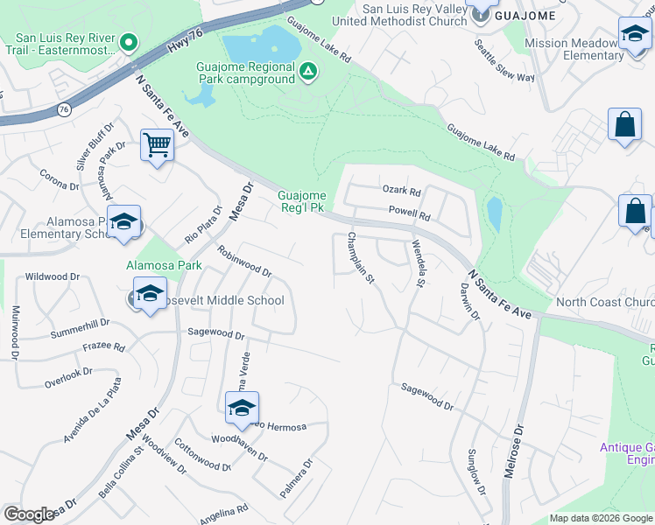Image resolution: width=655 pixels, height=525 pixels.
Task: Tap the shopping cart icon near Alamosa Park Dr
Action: point(157,144)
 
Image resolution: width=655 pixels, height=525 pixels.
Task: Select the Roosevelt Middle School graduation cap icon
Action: point(150,294)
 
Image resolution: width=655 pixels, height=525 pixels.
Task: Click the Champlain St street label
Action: point(361,258)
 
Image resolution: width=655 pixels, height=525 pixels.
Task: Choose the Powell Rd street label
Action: point(410,213)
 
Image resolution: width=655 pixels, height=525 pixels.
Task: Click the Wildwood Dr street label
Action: point(53,276)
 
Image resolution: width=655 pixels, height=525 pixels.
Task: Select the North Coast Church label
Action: point(605,303)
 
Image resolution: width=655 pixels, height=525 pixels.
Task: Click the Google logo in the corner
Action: point(29,514)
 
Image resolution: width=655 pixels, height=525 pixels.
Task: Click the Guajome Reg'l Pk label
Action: point(302,201)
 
